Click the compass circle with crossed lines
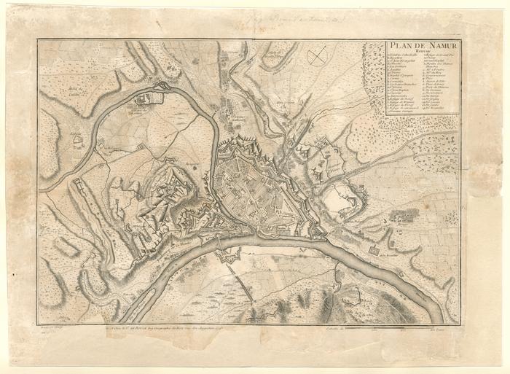tap(317, 56)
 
